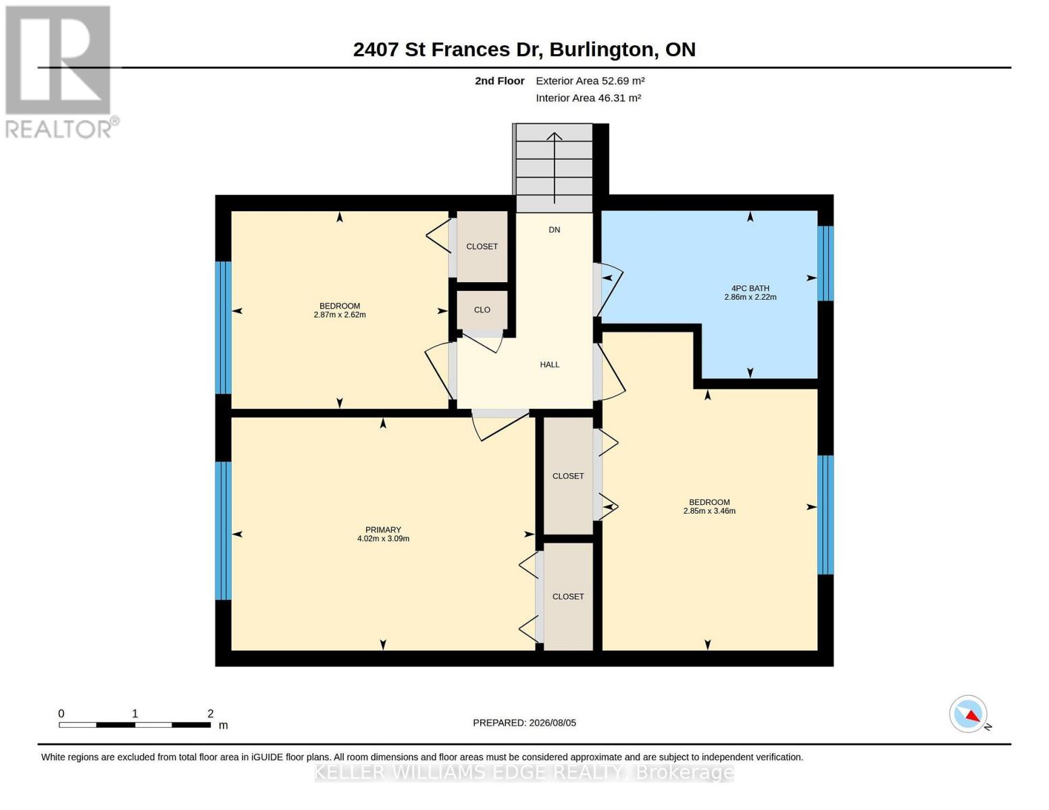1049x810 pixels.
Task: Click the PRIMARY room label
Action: pos(383,529)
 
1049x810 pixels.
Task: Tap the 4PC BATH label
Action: pos(750,288)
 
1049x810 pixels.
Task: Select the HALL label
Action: pos(549,364)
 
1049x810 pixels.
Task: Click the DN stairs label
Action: pos(554,230)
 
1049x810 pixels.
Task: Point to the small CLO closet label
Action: pos(482,310)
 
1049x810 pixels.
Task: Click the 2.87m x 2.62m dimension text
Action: pos(339,315)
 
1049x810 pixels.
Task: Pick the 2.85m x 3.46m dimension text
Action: pos(709,511)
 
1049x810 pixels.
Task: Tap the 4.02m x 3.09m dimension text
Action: pos(383,539)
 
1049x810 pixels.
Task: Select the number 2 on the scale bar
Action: pos(210,713)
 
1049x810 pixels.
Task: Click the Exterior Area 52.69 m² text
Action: pos(590,80)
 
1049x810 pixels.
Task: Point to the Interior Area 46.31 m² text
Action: pos(588,98)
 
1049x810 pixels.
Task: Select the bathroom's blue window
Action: pos(825,263)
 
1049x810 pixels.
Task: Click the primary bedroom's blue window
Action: pos(223,531)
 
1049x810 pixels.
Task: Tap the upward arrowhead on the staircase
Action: pos(554,136)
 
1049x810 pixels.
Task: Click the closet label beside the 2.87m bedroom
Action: pos(482,246)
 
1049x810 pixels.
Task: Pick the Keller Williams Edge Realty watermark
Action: pos(524,772)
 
